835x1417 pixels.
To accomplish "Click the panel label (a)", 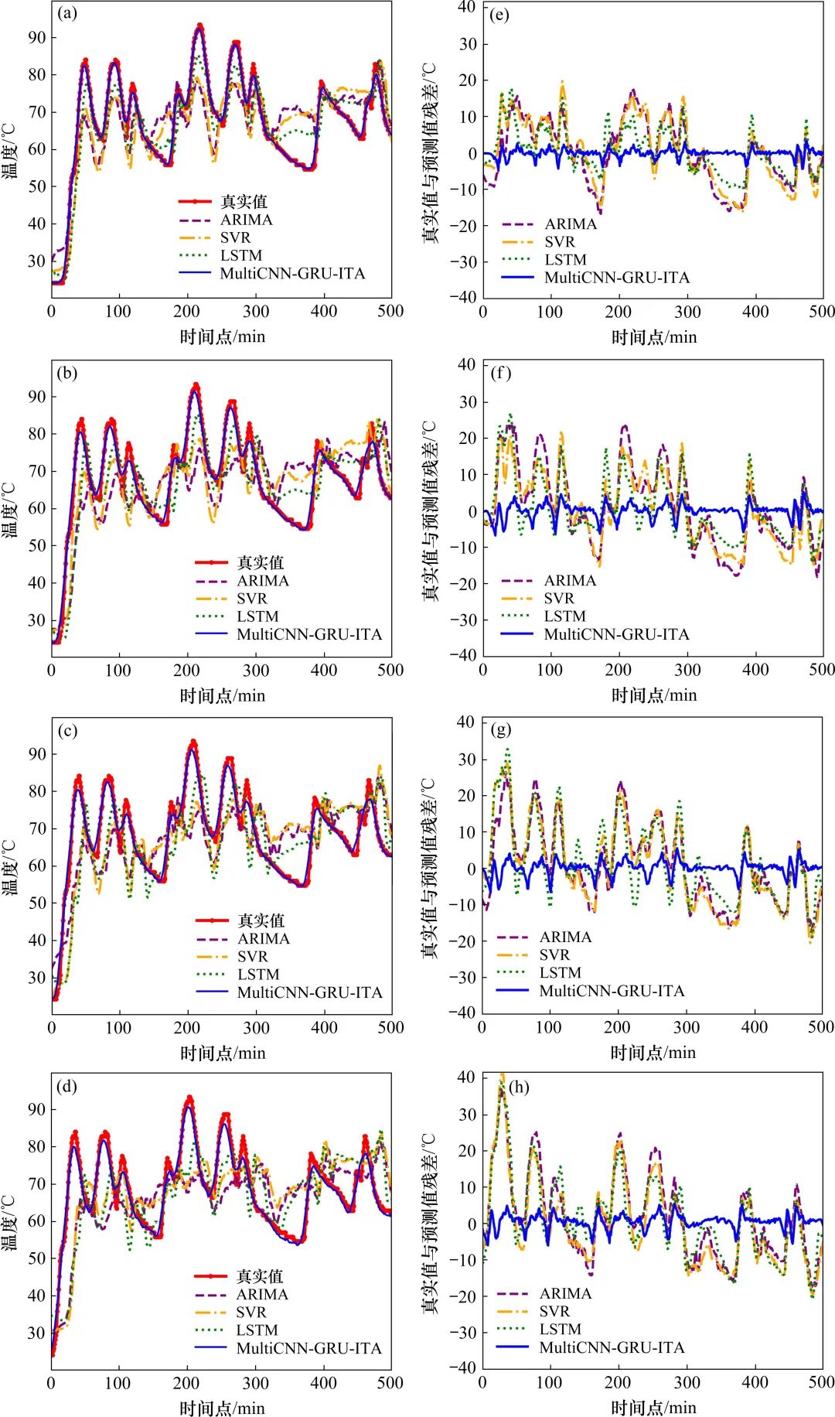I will [x=67, y=13].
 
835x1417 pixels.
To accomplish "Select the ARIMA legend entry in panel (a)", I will [x=246, y=220].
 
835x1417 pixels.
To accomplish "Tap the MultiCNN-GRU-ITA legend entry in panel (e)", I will [x=616, y=278].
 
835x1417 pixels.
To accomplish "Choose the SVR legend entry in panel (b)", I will [x=251, y=599].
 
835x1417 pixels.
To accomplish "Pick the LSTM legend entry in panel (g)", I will [x=560, y=973].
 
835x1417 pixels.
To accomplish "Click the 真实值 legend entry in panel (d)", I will [x=260, y=1276].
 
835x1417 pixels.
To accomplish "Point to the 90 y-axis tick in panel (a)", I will [x=37, y=37].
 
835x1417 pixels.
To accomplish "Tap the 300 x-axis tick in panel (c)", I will [x=256, y=1028].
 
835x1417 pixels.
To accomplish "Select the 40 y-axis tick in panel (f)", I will [x=466, y=364].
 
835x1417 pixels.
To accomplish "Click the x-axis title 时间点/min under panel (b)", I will [x=223, y=696].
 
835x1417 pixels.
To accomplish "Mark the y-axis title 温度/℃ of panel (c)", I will [x=10, y=866].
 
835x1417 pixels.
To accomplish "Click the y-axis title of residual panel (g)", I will [x=430, y=866].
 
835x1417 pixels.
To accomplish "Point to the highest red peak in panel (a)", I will [x=199, y=26].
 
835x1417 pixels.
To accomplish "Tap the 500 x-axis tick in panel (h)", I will [x=821, y=1382].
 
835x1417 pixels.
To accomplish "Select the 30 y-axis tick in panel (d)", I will [x=37, y=1333].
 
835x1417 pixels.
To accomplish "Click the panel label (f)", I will [x=500, y=373].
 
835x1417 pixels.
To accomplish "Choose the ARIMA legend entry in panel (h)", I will [x=565, y=1293].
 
